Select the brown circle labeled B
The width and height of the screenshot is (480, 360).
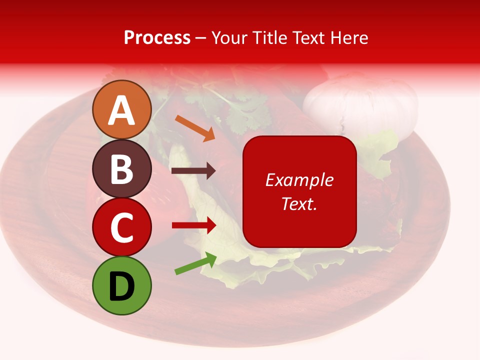click(x=121, y=169)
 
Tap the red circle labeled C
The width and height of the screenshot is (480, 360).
click(x=121, y=227)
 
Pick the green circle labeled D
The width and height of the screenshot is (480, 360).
click(x=121, y=286)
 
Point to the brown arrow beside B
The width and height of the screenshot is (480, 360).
click(x=193, y=171)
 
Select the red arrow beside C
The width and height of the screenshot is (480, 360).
click(x=194, y=225)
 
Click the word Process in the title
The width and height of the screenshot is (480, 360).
click(x=157, y=38)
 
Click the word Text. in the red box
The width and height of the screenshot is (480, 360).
click(x=299, y=203)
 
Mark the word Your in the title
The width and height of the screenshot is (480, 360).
click(x=229, y=38)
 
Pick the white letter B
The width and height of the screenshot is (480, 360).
click(x=121, y=169)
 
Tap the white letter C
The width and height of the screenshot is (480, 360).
click(x=121, y=228)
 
